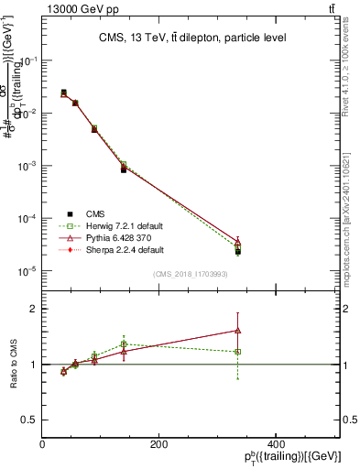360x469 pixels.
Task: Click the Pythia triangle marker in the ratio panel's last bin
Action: click(238, 330)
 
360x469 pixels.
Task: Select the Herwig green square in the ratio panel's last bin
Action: click(238, 352)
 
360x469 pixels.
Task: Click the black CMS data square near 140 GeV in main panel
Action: click(124, 169)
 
